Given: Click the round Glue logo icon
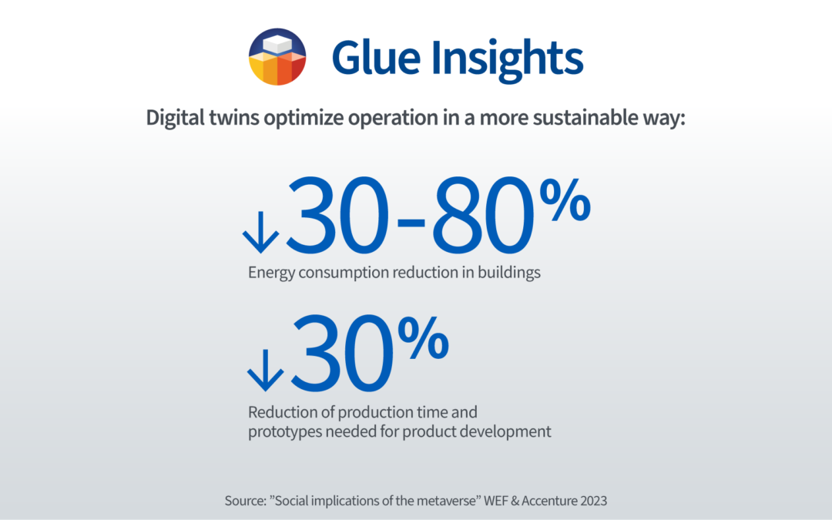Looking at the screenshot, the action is [x=277, y=57].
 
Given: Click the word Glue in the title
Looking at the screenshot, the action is [x=376, y=57].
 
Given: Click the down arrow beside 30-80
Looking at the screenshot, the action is [x=260, y=233].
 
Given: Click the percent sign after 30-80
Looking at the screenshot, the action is [x=565, y=200].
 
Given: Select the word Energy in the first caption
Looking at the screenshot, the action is [x=272, y=273].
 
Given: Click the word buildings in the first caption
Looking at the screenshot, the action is [x=509, y=272].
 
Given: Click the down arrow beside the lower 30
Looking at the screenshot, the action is [x=265, y=371].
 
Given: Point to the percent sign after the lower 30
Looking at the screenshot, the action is [x=424, y=338].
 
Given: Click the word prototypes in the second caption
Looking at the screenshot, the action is [x=285, y=432].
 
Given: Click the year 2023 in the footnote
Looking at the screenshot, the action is [x=594, y=501].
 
